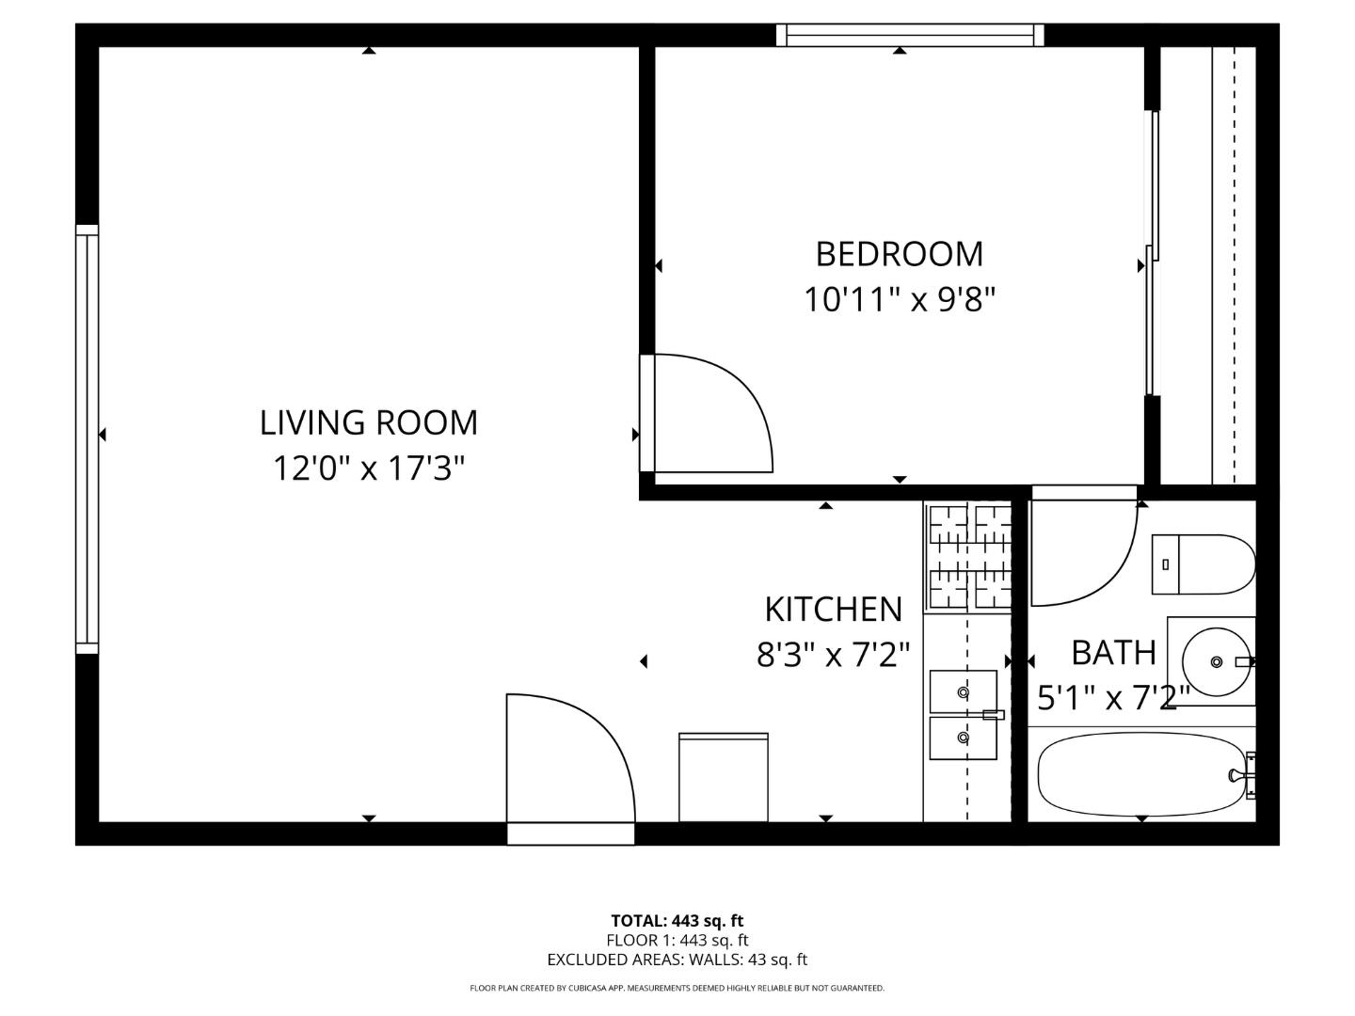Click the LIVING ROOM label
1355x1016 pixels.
pyautogui.click(x=368, y=422)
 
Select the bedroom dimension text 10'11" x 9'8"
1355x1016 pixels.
pyautogui.click(x=899, y=300)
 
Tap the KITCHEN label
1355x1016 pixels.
pyautogui.click(x=833, y=610)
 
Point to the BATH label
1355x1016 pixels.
pyautogui.click(x=1113, y=652)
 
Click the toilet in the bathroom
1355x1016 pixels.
pyautogui.click(x=1204, y=564)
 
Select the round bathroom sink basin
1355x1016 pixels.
pyautogui.click(x=1215, y=662)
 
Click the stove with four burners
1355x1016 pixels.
pyautogui.click(x=969, y=556)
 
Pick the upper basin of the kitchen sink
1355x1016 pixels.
pyautogui.click(x=963, y=691)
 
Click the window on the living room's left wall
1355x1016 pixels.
pyautogui.click(x=87, y=438)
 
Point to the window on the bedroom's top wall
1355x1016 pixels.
pyautogui.click(x=910, y=36)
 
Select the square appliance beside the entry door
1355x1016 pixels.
pyautogui.click(x=723, y=777)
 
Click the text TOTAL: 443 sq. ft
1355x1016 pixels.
pyautogui.click(x=677, y=921)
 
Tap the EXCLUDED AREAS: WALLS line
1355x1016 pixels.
pyautogui.click(x=677, y=960)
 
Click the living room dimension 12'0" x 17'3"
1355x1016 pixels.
pyautogui.click(x=368, y=468)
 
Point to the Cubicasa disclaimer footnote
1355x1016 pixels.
pyautogui.click(x=677, y=989)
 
